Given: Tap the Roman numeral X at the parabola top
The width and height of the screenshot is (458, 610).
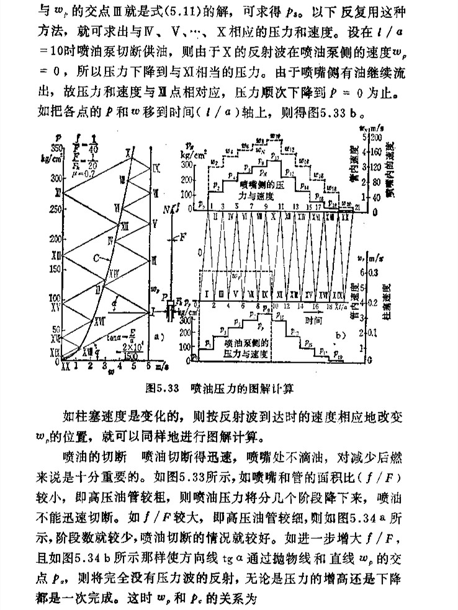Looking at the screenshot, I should (128, 152).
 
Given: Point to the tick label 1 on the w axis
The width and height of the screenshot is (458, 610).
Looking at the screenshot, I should (76, 367).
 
